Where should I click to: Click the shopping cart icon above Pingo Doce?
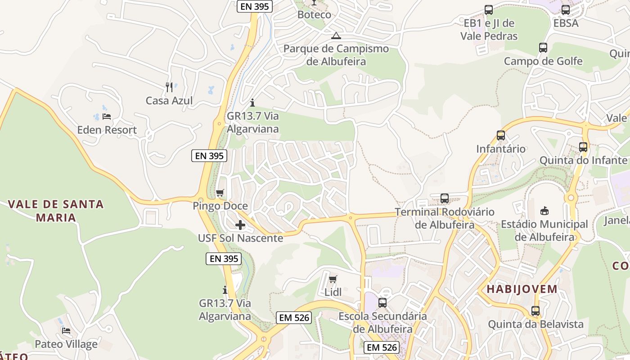[x=220, y=193]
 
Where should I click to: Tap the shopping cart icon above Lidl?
[x=333, y=279]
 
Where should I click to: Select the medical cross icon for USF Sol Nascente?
[x=240, y=225]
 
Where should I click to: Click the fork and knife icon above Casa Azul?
[x=169, y=87]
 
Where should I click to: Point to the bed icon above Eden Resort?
[x=107, y=117]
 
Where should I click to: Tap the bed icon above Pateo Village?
[x=66, y=331]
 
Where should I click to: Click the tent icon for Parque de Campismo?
[x=336, y=36]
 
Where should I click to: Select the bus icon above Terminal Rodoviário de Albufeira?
[x=445, y=198]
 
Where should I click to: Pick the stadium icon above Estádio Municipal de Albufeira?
[x=544, y=210]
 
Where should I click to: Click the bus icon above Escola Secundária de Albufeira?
[x=382, y=303]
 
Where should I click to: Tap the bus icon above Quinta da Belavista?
[x=535, y=310]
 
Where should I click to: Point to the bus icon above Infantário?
[x=501, y=135]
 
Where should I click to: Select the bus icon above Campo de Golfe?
[x=543, y=48]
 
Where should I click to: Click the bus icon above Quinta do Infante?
[x=583, y=147]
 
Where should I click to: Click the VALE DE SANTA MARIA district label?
[x=56, y=211]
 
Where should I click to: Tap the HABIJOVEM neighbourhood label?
[x=522, y=289]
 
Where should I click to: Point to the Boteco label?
[x=314, y=14]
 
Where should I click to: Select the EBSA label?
[x=566, y=23]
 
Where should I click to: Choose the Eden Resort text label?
[x=107, y=130]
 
